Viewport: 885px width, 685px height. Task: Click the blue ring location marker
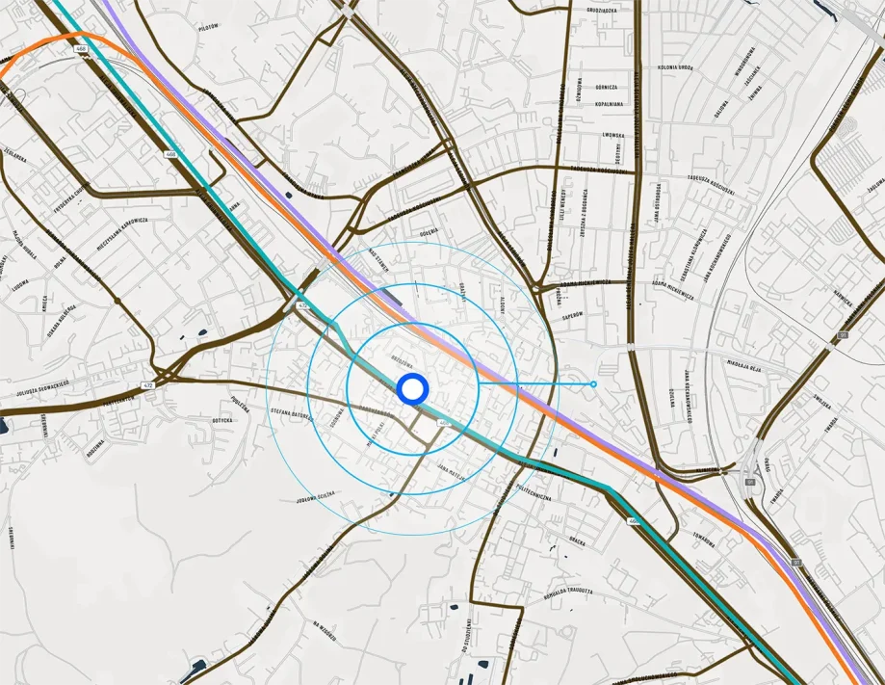tap(412, 389)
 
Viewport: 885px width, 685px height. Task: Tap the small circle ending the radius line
tap(593, 384)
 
